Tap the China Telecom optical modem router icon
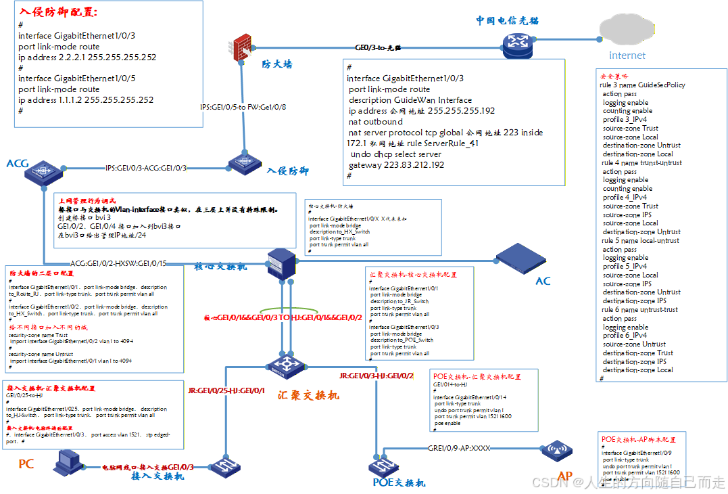click(517, 46)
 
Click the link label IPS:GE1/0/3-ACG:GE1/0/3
click(146, 168)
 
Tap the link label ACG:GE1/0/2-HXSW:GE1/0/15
click(118, 263)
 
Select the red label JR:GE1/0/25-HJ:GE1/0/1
click(226, 390)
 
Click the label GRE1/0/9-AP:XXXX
click(459, 448)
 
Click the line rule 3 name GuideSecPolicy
click(642, 85)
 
